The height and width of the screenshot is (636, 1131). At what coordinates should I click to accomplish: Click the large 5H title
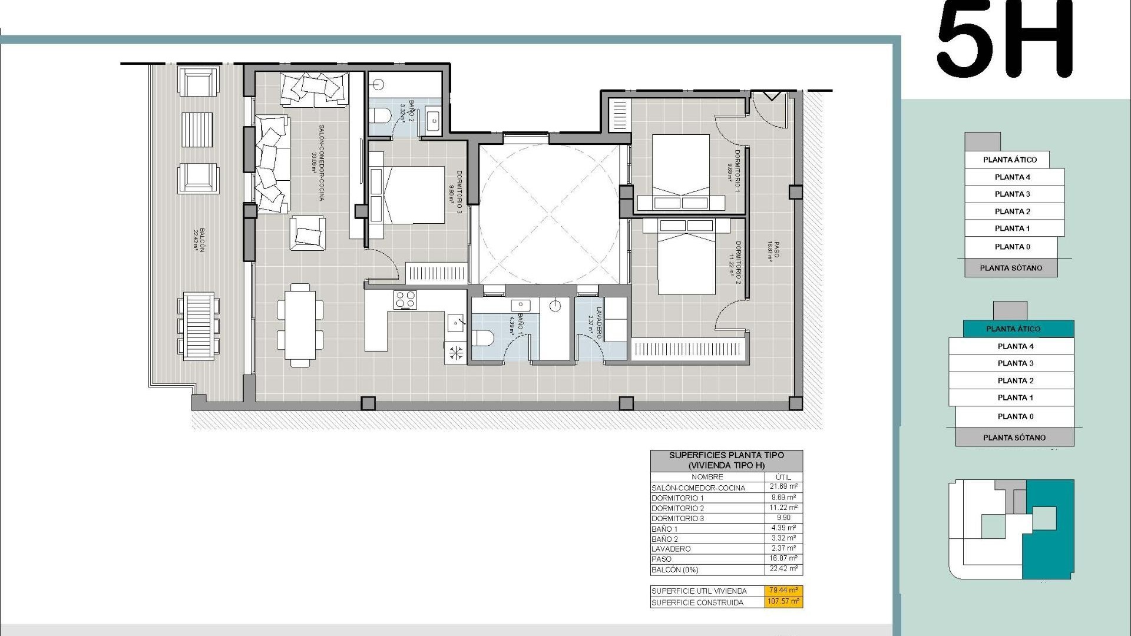[x=1005, y=40]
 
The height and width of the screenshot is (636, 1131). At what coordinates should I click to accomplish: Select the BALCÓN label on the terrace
[x=199, y=240]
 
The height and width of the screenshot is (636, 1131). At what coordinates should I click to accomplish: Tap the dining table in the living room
[x=300, y=325]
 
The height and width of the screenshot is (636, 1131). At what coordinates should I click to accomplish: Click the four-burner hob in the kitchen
[x=405, y=299]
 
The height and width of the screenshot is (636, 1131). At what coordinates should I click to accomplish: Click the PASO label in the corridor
[x=773, y=250]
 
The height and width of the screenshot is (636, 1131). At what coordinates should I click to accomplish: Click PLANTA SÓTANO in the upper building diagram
[x=1011, y=268]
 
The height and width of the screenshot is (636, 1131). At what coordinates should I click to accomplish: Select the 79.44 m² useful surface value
[x=783, y=590]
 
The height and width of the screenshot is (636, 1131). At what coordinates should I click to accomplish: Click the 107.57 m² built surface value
[x=783, y=602]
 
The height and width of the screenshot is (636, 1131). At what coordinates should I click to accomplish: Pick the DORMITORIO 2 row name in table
[x=677, y=508]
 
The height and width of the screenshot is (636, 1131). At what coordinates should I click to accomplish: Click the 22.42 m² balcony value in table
[x=783, y=569]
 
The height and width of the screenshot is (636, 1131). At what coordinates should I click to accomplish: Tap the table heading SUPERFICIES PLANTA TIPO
[x=726, y=455]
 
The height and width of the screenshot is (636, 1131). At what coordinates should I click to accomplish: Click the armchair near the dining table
[x=307, y=233]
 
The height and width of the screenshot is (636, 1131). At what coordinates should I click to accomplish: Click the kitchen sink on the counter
[x=456, y=322]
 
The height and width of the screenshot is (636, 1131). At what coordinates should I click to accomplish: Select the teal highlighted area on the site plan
[x=1049, y=530]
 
